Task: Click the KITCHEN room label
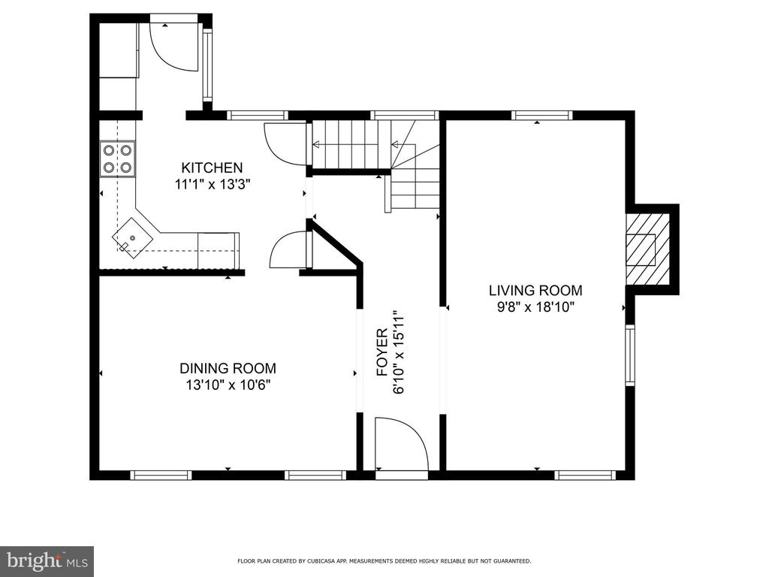pyautogui.click(x=212, y=168)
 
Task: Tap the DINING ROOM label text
pyautogui.click(x=228, y=368)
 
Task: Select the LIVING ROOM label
pyautogui.click(x=535, y=291)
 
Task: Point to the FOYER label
pyautogui.click(x=382, y=352)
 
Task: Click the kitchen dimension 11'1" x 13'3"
pyautogui.click(x=213, y=185)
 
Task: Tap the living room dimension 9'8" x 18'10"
pyautogui.click(x=535, y=307)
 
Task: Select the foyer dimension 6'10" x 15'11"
pyautogui.click(x=399, y=352)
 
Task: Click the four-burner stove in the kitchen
pyautogui.click(x=118, y=159)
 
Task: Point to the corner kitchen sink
pyautogui.click(x=133, y=238)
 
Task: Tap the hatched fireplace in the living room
pyautogui.click(x=647, y=249)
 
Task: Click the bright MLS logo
pyautogui.click(x=47, y=560)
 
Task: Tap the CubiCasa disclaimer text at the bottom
pyautogui.click(x=384, y=560)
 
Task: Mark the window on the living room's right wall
pyautogui.click(x=630, y=355)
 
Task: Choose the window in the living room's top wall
pyautogui.click(x=542, y=116)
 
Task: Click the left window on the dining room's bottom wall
pyautogui.click(x=161, y=475)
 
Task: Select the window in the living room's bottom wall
pyautogui.click(x=585, y=475)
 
